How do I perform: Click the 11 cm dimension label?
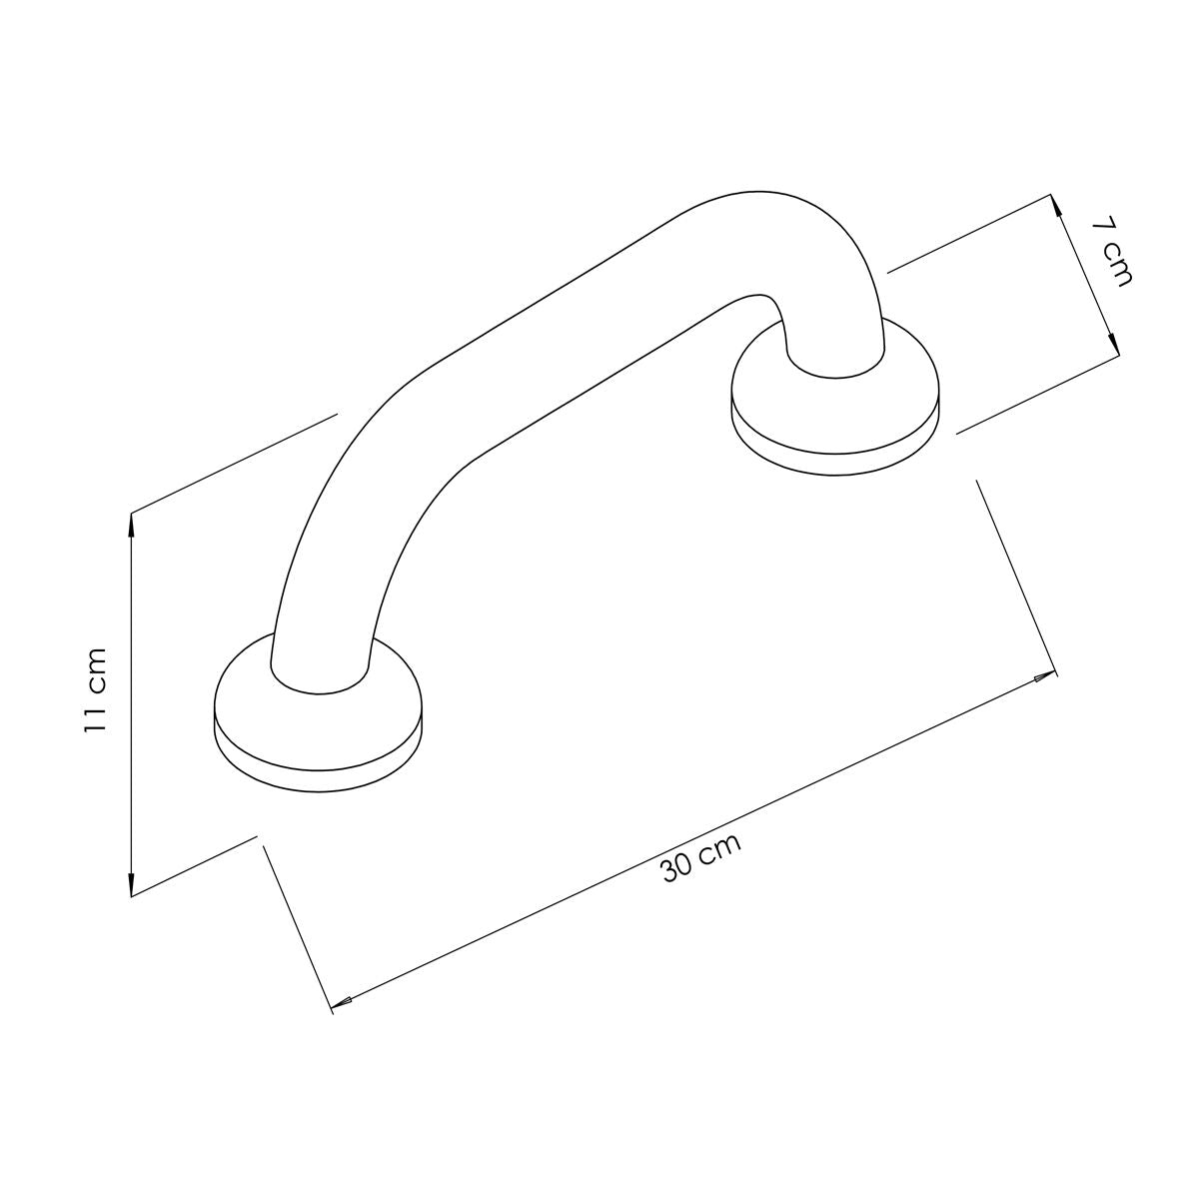click(x=95, y=690)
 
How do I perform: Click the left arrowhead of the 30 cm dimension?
click(x=340, y=998)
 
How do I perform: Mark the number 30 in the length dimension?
click(x=679, y=868)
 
